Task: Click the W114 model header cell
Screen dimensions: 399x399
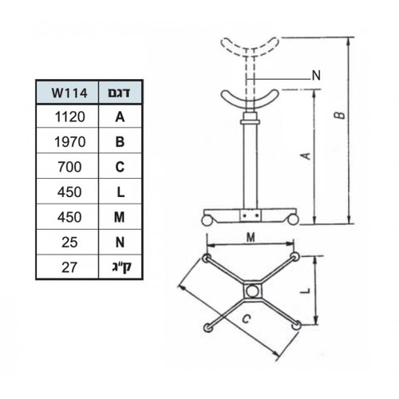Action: click(x=69, y=93)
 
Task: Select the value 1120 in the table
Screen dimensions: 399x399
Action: click(x=70, y=117)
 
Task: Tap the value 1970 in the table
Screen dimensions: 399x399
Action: click(x=70, y=142)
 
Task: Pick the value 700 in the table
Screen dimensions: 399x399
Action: click(x=69, y=167)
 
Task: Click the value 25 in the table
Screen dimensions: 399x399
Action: click(x=69, y=243)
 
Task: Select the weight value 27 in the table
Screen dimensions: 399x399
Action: click(x=69, y=267)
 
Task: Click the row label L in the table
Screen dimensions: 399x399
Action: click(x=120, y=192)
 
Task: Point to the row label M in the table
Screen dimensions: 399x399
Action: click(x=120, y=217)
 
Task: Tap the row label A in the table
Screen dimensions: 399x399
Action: click(x=120, y=117)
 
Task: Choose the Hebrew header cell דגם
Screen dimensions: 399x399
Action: click(x=119, y=93)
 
